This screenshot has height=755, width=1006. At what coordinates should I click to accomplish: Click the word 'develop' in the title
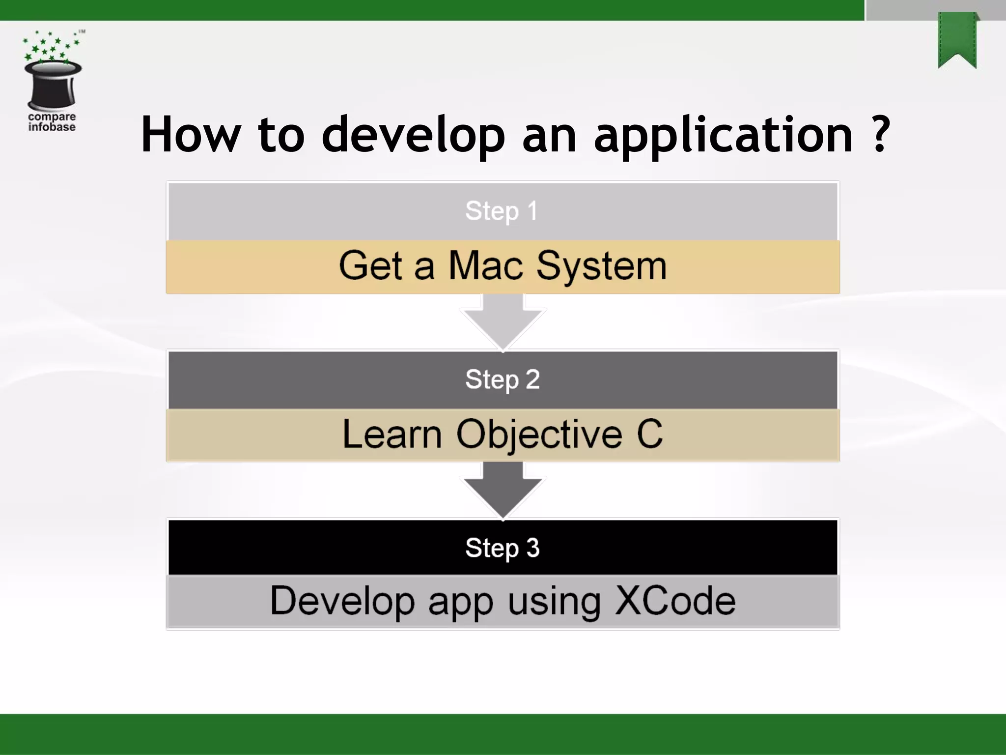click(x=413, y=135)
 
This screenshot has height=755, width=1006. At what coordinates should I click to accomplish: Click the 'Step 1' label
click(x=502, y=211)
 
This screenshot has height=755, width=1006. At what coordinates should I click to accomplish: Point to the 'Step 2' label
click(x=503, y=379)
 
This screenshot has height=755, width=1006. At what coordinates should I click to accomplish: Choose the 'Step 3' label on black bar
click(x=503, y=548)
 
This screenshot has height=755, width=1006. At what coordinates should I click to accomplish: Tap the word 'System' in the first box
click(x=601, y=266)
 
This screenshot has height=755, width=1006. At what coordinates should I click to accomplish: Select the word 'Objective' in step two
click(x=539, y=435)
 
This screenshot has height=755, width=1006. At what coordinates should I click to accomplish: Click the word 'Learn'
click(x=392, y=435)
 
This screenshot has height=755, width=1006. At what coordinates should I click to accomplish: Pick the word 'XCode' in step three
click(x=675, y=601)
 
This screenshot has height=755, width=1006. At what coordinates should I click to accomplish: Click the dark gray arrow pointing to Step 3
click(x=503, y=489)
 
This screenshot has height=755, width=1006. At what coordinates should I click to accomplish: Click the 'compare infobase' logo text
click(x=52, y=121)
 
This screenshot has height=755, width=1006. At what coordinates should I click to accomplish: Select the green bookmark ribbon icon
click(x=957, y=39)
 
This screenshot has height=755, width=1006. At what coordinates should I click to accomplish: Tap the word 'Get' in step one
click(x=370, y=265)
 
